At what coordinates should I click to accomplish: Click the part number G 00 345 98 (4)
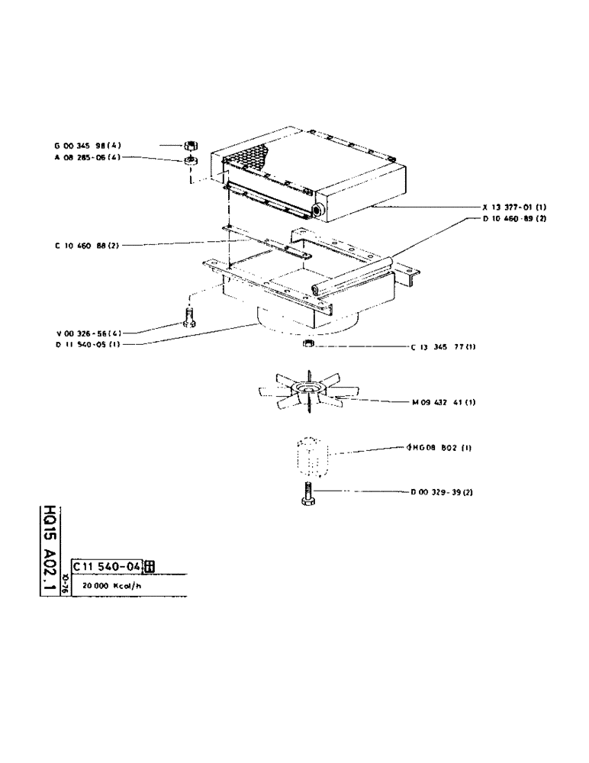tap(86, 144)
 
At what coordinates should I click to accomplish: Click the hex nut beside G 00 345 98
tap(192, 145)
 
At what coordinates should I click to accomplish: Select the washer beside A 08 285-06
tap(192, 161)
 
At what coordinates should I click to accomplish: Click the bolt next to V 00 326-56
tap(190, 317)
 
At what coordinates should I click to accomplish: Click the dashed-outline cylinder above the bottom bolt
tap(310, 456)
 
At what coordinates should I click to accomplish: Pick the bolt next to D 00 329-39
tap(307, 494)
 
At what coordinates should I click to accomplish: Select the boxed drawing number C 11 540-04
tap(107, 565)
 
